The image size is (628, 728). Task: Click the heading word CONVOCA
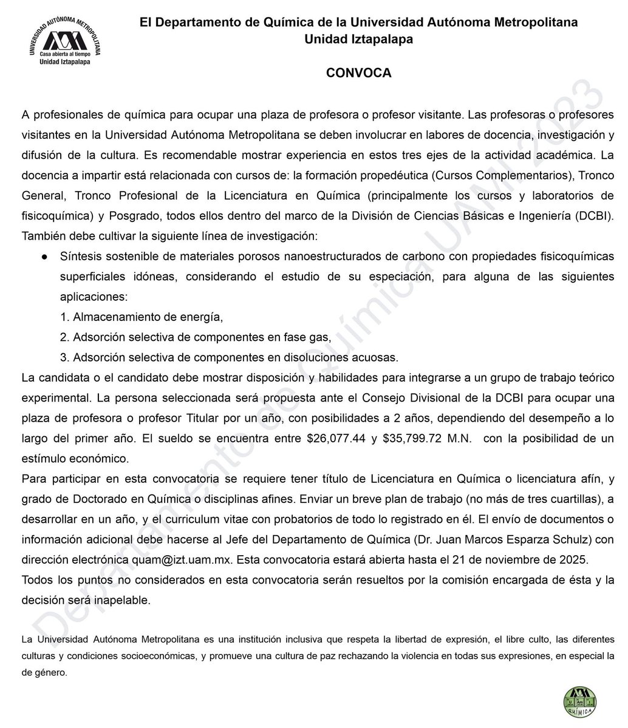tap(358, 73)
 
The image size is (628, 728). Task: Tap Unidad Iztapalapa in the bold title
tap(358, 39)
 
